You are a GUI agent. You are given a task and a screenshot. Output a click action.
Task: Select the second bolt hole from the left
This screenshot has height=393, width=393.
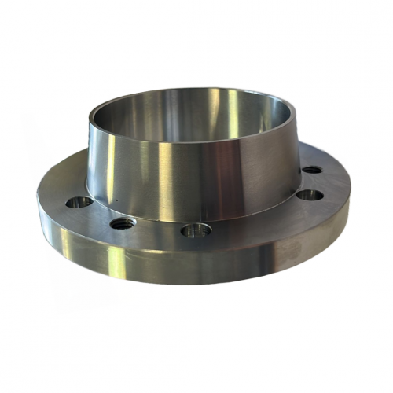122,224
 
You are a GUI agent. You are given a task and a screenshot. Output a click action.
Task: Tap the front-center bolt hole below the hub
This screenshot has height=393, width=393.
196,231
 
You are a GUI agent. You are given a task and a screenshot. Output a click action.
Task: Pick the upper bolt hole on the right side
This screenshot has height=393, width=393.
312,170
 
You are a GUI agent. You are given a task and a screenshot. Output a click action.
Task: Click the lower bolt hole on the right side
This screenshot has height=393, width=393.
310,195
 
